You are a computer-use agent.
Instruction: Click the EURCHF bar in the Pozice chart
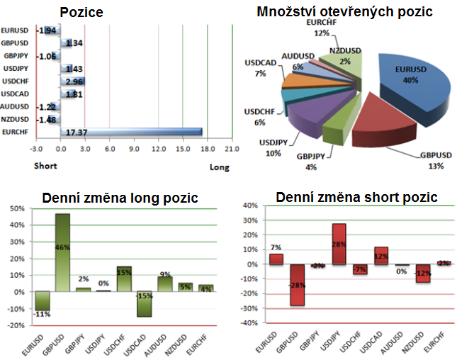point(131,132)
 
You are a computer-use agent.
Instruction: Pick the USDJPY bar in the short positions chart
point(339,244)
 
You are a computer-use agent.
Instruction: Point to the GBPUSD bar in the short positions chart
point(297,284)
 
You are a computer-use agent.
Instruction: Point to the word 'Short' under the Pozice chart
point(45,167)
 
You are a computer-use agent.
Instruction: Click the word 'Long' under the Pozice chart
point(220,167)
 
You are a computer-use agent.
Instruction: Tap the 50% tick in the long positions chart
point(14,209)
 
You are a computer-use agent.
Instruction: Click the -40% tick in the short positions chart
point(249,323)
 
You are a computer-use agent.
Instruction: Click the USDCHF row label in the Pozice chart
point(15,81)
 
